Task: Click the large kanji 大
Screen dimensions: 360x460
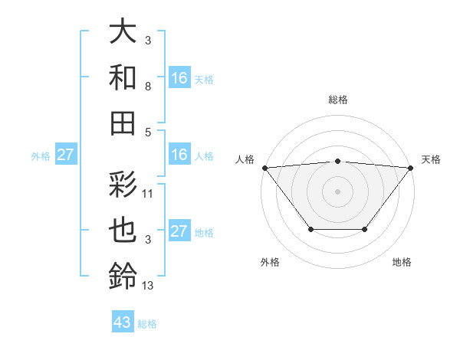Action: [123, 32]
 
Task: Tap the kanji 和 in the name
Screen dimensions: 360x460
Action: [123, 78]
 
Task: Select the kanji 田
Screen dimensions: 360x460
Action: [123, 123]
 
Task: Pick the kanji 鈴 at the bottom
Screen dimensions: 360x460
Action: [123, 277]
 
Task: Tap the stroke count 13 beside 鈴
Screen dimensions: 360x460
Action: [148, 286]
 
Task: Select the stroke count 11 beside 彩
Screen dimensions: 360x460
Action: [148, 195]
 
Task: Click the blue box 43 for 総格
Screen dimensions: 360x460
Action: [123, 322]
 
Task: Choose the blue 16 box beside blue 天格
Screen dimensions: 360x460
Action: [179, 78]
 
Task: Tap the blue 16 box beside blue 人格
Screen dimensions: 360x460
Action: [179, 155]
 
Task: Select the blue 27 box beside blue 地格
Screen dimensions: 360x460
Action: [179, 231]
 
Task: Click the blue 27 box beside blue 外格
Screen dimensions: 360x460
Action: [66, 155]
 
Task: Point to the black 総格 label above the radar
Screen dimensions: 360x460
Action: [337, 100]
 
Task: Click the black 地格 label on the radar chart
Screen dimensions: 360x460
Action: [402, 263]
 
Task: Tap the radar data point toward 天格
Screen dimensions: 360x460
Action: [411, 167]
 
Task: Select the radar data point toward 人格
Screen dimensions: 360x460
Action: [264, 167]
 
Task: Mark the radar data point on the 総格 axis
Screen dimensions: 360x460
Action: [337, 161]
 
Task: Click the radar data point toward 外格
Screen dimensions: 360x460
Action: [310, 229]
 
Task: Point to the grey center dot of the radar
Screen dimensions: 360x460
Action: [337, 191]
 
